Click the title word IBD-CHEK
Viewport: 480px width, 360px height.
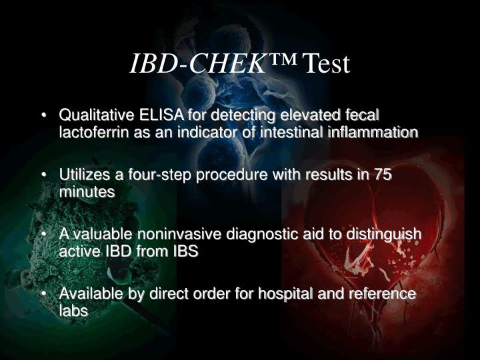click(x=197, y=63)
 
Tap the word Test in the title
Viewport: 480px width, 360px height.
click(x=326, y=63)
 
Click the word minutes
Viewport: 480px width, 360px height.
click(x=87, y=192)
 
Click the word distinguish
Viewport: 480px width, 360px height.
click(x=387, y=235)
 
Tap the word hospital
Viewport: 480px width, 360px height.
click(x=297, y=294)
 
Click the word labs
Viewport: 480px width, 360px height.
click(x=73, y=311)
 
